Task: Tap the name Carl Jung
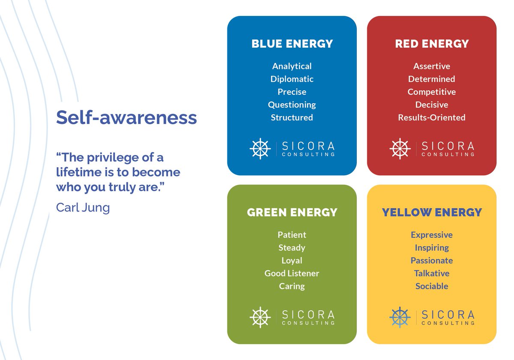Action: point(83,208)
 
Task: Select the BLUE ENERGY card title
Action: point(292,44)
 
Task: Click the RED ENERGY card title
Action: point(432,44)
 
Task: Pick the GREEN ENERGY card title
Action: point(292,213)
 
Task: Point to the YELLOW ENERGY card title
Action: point(432,213)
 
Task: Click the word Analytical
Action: point(292,66)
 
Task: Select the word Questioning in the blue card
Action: point(292,105)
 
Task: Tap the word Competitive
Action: point(432,92)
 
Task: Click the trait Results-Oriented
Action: point(432,117)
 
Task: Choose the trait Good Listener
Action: point(292,273)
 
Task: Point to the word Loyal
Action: point(292,261)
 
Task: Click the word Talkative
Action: point(432,273)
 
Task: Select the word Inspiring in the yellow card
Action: point(432,248)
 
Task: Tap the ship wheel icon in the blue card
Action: point(260,148)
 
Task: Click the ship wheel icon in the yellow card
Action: point(400,317)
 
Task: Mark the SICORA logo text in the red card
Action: point(448,146)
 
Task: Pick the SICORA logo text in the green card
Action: point(308,315)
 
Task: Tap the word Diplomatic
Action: point(292,79)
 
